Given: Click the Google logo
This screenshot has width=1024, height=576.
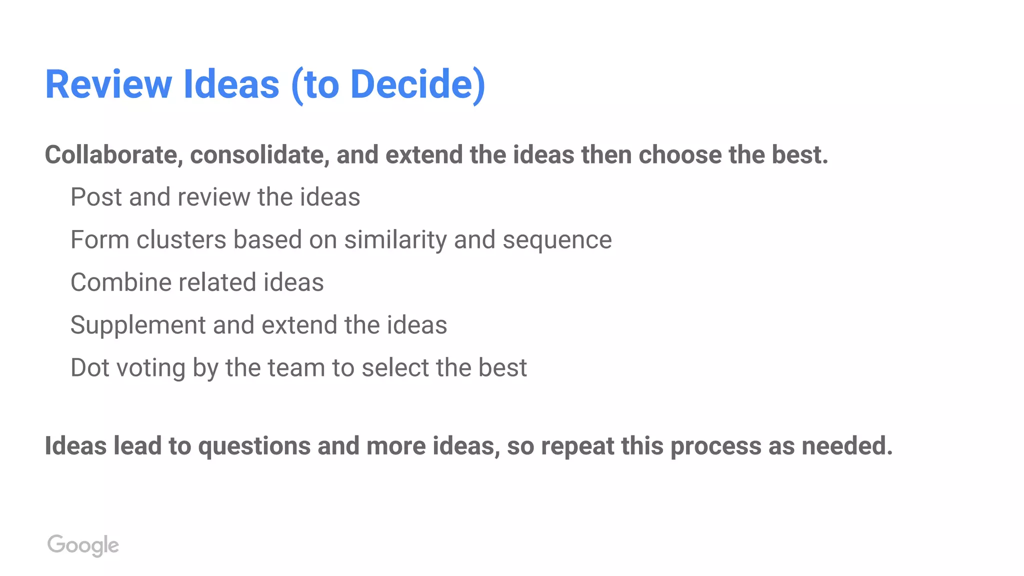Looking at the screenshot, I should pyautogui.click(x=83, y=545).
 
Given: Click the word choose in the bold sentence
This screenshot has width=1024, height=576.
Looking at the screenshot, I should pyautogui.click(x=680, y=154).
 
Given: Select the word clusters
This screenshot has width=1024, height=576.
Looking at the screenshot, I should pyautogui.click(x=181, y=239).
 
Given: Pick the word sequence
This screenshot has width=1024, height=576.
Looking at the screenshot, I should pyautogui.click(x=557, y=239).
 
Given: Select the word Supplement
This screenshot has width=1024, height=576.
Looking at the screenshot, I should pyautogui.click(x=138, y=325).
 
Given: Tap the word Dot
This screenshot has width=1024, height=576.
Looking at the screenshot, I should pyautogui.click(x=90, y=367).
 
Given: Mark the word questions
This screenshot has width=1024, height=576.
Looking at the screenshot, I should pyautogui.click(x=254, y=446).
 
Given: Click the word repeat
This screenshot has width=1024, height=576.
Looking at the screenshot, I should pyautogui.click(x=577, y=446).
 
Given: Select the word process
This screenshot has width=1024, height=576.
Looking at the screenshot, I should pyautogui.click(x=716, y=446).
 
